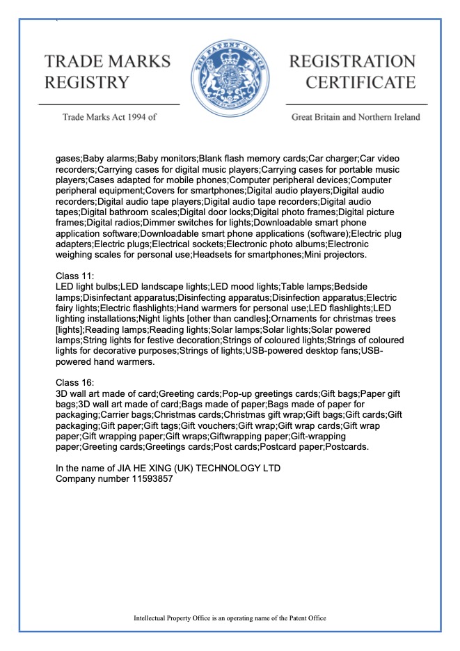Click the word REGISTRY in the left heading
[87, 82]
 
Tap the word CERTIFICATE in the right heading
[361, 82]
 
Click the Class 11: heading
[79, 276]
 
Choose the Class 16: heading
[79, 382]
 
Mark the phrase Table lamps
[308, 288]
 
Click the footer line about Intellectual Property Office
[230, 618]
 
